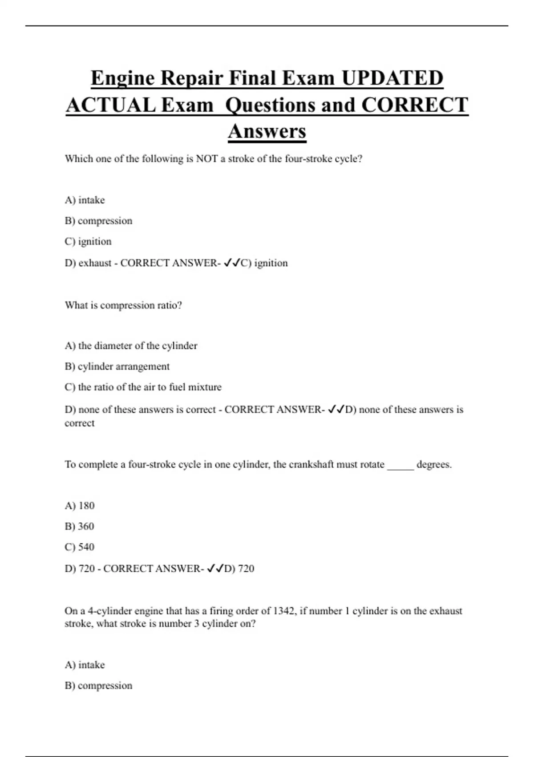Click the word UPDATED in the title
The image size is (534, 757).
click(392, 78)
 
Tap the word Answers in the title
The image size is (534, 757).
click(267, 131)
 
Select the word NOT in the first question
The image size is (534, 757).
click(206, 159)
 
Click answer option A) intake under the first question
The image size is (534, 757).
click(85, 200)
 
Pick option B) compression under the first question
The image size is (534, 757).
click(98, 221)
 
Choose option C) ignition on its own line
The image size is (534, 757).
click(88, 241)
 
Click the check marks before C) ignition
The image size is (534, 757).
click(231, 263)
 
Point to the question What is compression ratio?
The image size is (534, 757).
click(123, 305)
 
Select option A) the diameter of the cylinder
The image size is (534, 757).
click(131, 346)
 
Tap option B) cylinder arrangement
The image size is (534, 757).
click(117, 366)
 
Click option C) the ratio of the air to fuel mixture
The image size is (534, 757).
click(143, 387)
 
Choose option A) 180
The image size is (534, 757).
click(80, 506)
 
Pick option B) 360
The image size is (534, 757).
click(79, 526)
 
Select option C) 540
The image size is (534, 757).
click(79, 547)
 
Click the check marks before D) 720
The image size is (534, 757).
click(215, 569)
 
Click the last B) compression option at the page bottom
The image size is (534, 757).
click(98, 686)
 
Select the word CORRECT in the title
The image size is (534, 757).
click(415, 105)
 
